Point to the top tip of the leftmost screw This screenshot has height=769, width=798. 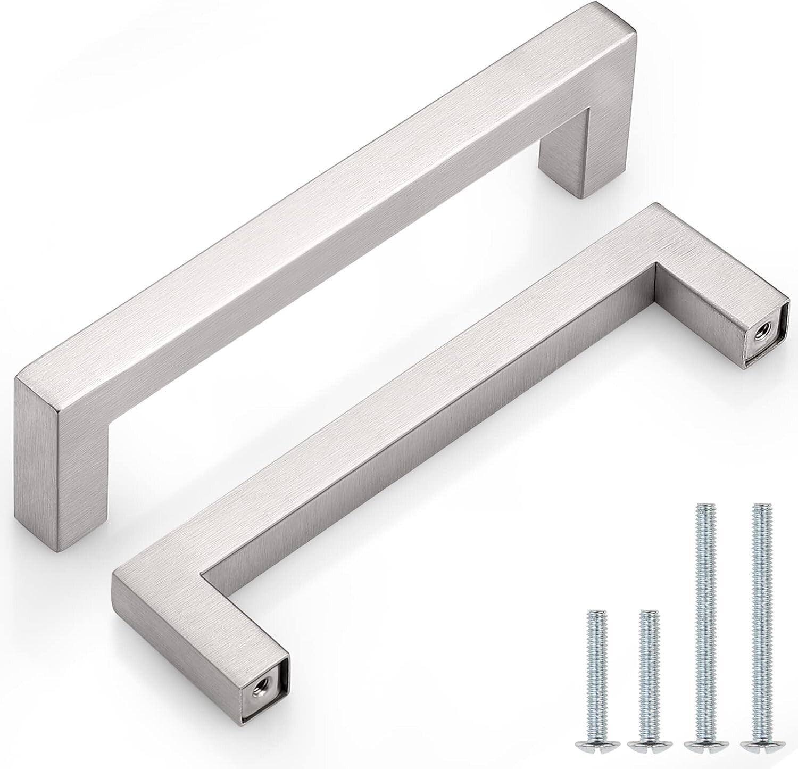tap(596, 612)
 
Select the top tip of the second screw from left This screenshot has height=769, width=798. tap(647, 612)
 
